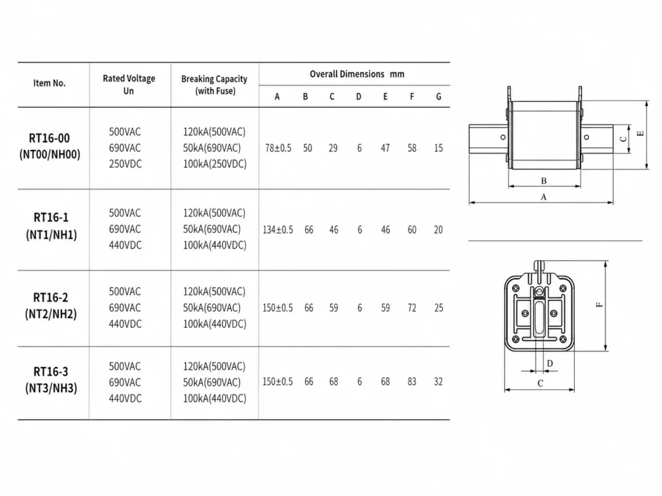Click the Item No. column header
pos(49,83)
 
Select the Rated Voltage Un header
pos(129,85)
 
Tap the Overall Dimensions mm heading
pos(357,74)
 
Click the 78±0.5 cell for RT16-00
pos(278,148)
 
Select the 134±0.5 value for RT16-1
pos(278,230)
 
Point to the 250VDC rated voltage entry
pos(125,164)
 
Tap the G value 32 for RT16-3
pos(438,382)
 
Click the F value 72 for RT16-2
pos(412,308)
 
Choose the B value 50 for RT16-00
pos(307,148)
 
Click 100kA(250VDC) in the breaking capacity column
pos(215,164)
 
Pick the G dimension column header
pos(439,97)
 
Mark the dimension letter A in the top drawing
pos(543,197)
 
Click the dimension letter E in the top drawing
pos(641,134)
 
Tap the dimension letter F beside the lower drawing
pos(599,305)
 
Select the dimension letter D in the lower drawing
pos(550,363)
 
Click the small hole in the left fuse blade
pos(503,137)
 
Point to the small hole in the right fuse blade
pos(586,137)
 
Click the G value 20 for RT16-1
pos(438,230)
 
